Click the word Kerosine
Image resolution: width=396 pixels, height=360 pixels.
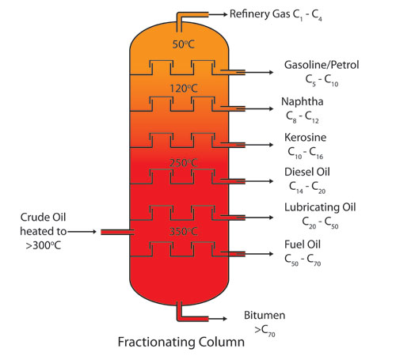coord(304,138)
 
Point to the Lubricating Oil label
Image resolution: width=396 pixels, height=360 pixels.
coord(320,207)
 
